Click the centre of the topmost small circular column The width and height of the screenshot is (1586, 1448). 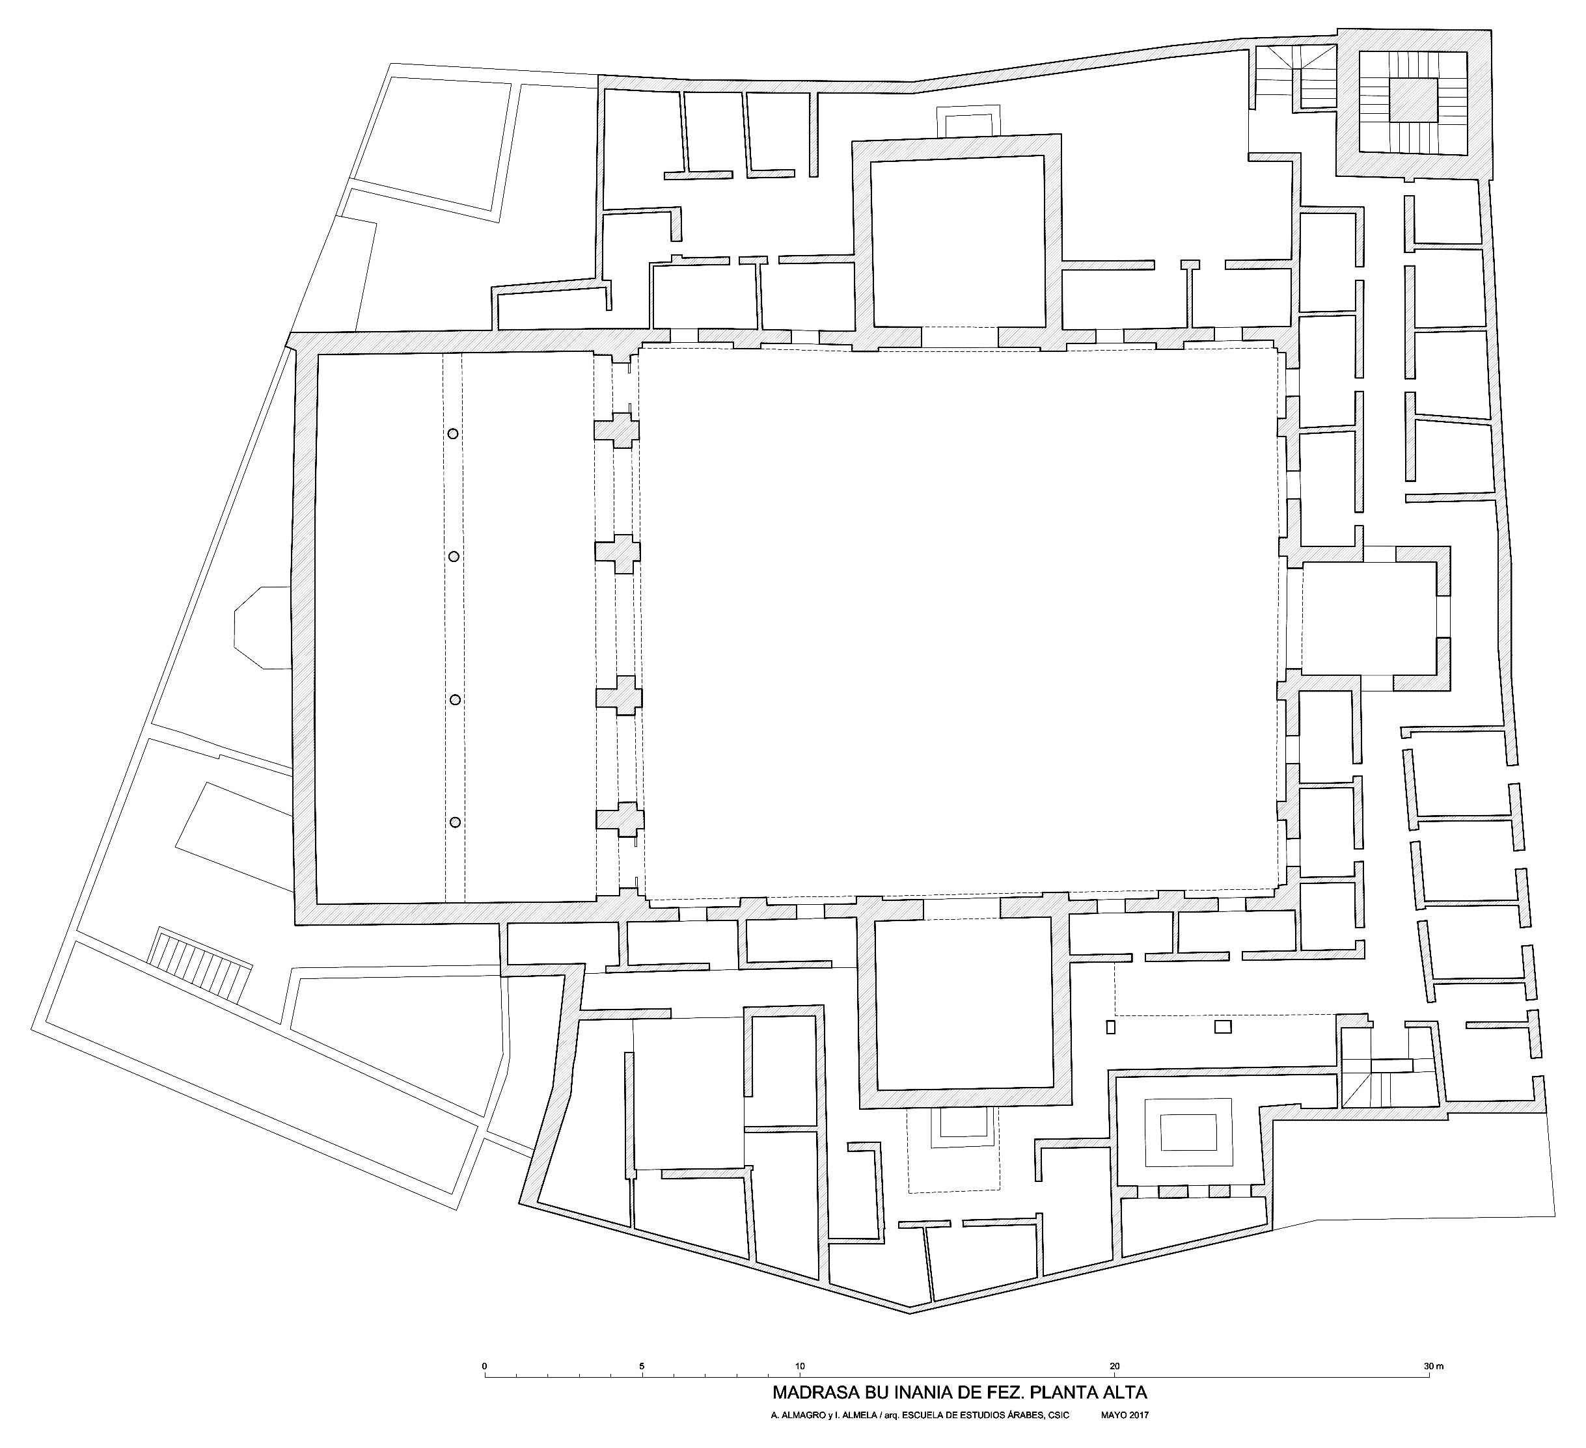coord(452,433)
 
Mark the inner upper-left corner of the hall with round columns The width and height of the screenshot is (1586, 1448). coord(317,354)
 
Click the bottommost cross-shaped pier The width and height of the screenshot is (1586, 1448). coord(619,820)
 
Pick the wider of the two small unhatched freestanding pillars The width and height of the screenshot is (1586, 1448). coord(1223,1026)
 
